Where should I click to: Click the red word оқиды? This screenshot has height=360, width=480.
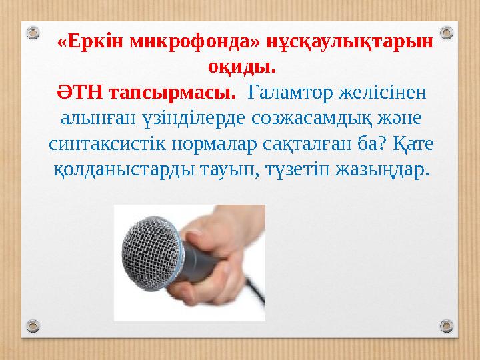[240, 67]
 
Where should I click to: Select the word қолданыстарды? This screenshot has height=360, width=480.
[124, 170]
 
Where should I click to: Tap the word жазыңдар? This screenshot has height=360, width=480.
[381, 170]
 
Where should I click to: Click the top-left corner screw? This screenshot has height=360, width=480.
[31, 31]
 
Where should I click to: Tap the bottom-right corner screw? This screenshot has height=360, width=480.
[448, 327]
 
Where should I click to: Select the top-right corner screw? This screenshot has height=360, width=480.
[448, 31]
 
